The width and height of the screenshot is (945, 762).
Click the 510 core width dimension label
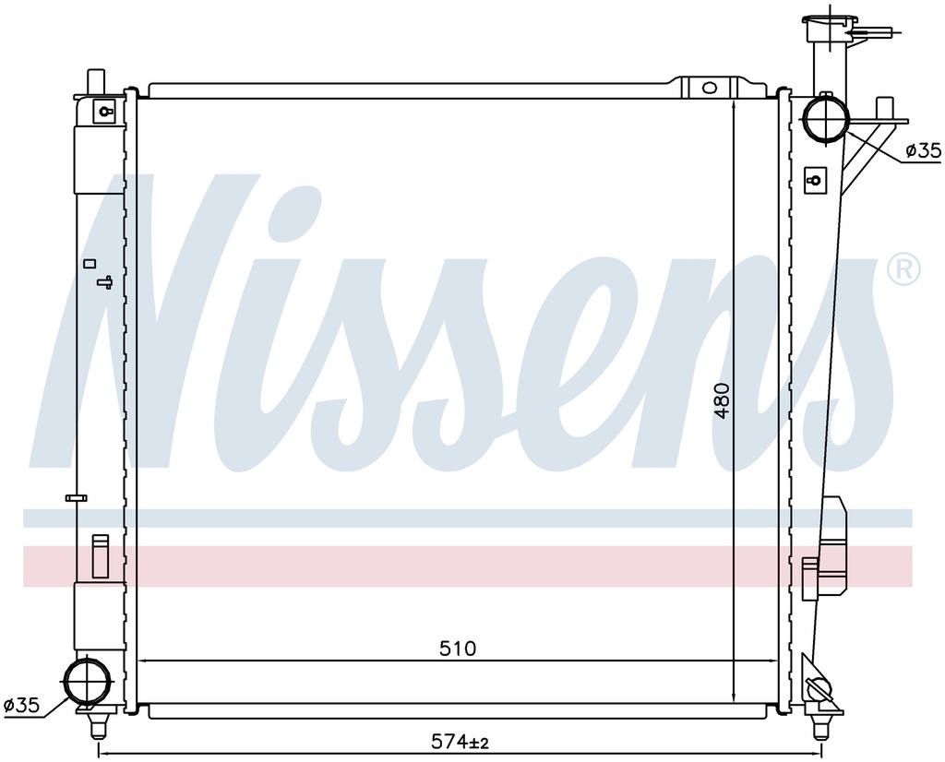tap(458, 649)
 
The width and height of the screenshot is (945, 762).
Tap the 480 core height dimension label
tap(722, 400)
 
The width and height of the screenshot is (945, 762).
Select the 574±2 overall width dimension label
tap(460, 742)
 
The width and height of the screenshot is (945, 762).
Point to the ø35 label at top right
tap(923, 150)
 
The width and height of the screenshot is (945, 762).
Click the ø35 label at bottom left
tap(21, 704)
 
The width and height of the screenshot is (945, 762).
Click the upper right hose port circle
tap(826, 118)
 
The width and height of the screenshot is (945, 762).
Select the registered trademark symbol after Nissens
tap(903, 268)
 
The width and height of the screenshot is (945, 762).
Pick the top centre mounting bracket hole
tap(710, 88)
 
